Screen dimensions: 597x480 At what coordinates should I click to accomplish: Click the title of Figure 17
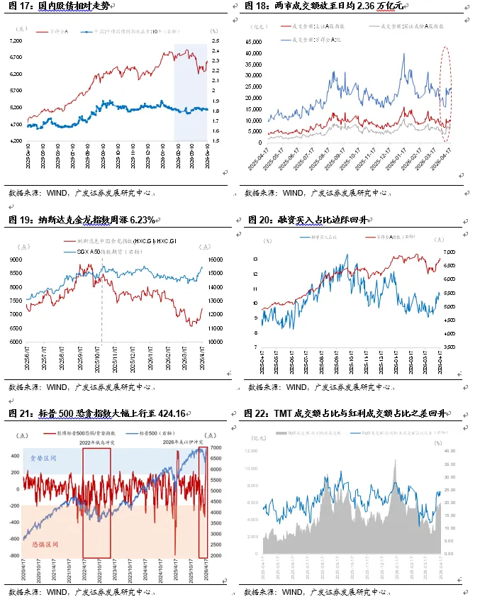[60, 6]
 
